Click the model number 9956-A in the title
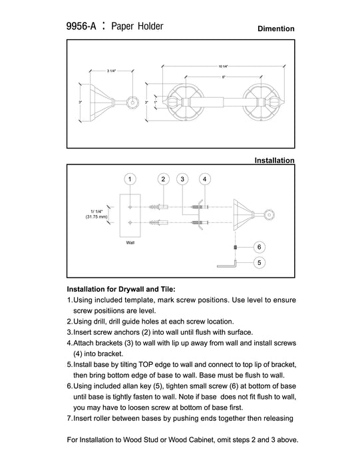(81, 26)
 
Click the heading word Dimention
(276, 29)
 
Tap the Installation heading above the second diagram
(274, 160)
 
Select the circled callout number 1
(130, 179)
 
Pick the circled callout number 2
(163, 179)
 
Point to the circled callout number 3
(182, 179)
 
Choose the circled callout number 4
(204, 179)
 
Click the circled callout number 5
(260, 263)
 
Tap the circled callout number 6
(260, 247)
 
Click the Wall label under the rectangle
(130, 243)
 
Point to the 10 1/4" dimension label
(224, 67)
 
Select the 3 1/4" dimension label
(111, 71)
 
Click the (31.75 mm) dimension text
(96, 216)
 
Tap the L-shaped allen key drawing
(227, 266)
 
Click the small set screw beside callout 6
(236, 247)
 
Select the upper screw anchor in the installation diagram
(159, 206)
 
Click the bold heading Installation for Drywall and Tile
(121, 290)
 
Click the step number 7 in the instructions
(69, 419)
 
